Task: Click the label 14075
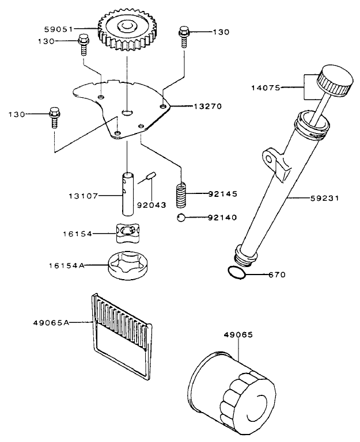pyautogui.click(x=265, y=88)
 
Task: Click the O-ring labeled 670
pyautogui.click(x=237, y=273)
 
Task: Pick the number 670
pyautogui.click(x=277, y=275)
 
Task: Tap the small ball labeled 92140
pyautogui.click(x=181, y=218)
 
